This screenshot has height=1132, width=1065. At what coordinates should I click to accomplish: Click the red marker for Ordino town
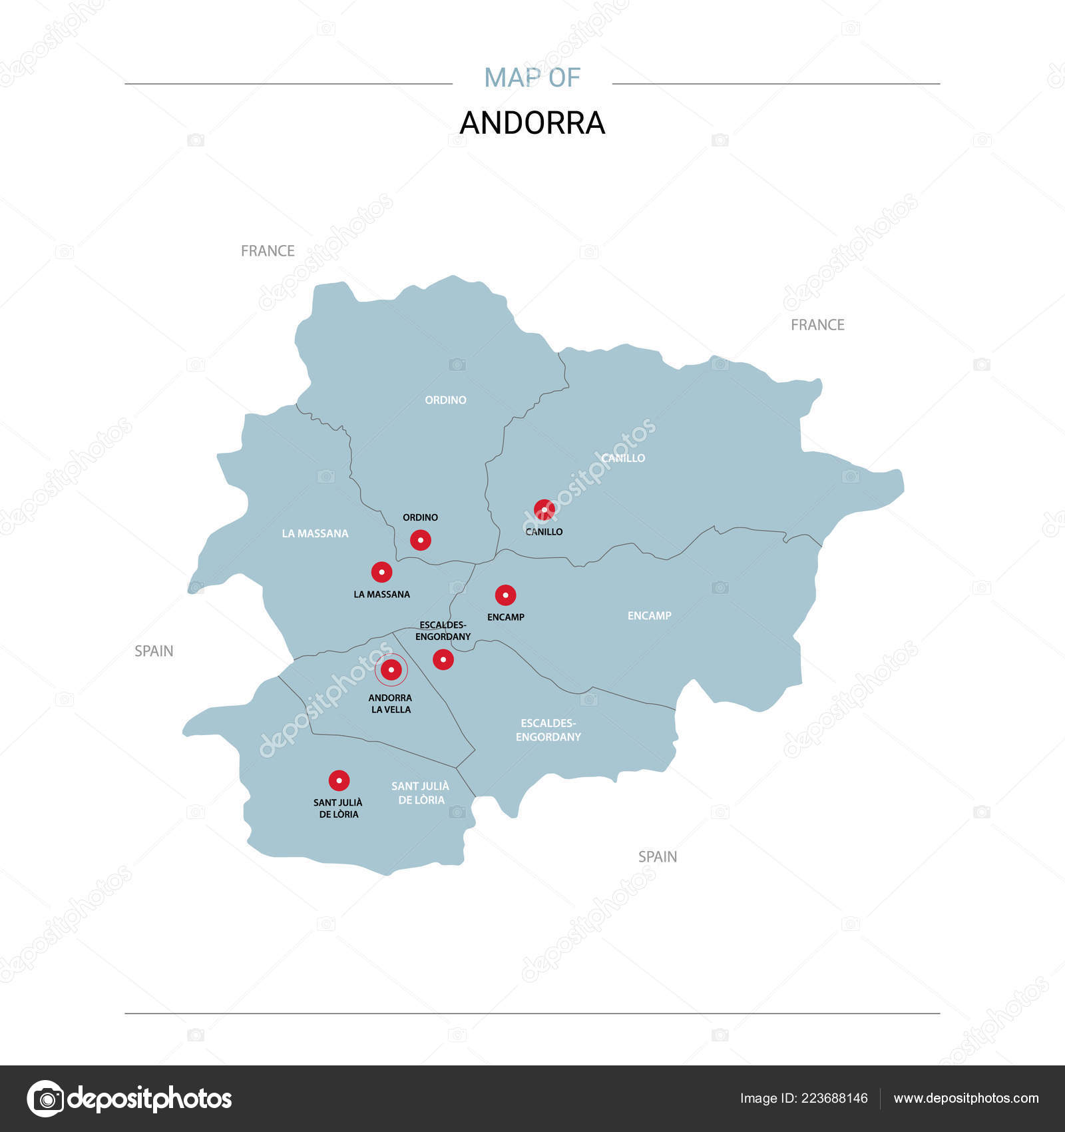[420, 540]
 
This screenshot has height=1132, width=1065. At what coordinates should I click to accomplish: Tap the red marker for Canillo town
[544, 510]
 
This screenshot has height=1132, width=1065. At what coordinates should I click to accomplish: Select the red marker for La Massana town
[381, 572]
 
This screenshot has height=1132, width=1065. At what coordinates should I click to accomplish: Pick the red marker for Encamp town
[505, 595]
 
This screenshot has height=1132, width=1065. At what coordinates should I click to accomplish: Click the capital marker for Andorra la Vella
[391, 670]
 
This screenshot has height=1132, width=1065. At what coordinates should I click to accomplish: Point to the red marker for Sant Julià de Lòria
[339, 780]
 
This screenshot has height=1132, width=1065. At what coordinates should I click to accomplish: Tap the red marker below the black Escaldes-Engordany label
[443, 660]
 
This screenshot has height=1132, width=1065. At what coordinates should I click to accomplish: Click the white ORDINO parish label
[445, 400]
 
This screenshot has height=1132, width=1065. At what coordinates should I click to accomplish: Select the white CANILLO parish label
[623, 458]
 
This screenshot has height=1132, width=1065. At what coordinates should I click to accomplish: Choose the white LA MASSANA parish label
[315, 533]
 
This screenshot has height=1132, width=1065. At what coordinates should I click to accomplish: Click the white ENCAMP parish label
[649, 616]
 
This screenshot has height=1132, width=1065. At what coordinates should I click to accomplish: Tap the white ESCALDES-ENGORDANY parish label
[548, 730]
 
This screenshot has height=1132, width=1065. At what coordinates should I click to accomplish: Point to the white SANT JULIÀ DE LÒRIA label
[421, 793]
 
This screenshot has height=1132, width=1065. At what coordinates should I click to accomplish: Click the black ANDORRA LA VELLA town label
[391, 704]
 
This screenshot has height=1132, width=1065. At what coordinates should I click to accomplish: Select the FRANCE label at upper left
[268, 251]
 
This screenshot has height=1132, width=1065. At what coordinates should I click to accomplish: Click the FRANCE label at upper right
[817, 325]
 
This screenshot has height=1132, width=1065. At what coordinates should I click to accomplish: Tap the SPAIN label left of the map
[154, 651]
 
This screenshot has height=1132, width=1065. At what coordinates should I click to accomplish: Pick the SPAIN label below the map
[658, 857]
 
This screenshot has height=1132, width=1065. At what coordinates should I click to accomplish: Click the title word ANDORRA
[532, 123]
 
